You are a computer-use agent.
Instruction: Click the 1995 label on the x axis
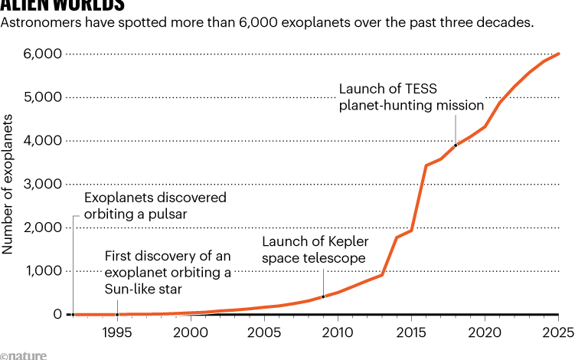pyautogui.click(x=116, y=332)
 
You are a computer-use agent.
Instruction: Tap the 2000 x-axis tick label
pyautogui.click(x=190, y=332)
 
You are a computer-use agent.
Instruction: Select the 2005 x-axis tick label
pyautogui.click(x=263, y=332)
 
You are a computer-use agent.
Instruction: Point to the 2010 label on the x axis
pyautogui.click(x=337, y=332)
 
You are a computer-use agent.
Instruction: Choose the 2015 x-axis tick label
pyautogui.click(x=410, y=332)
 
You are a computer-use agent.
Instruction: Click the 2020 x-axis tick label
pyautogui.click(x=484, y=332)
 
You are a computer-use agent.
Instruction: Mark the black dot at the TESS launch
pyautogui.click(x=456, y=145)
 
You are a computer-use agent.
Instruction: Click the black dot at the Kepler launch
pyautogui.click(x=323, y=296)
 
